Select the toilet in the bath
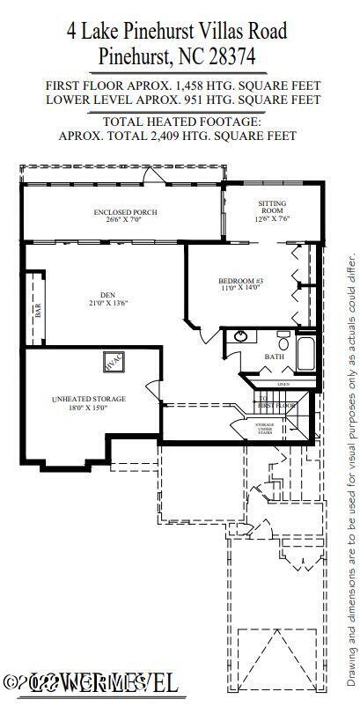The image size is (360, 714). pos(283,338)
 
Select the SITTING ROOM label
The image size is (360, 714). pos(272,204)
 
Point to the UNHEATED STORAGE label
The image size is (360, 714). pos(88,399)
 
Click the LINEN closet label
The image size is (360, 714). pos(283,384)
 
